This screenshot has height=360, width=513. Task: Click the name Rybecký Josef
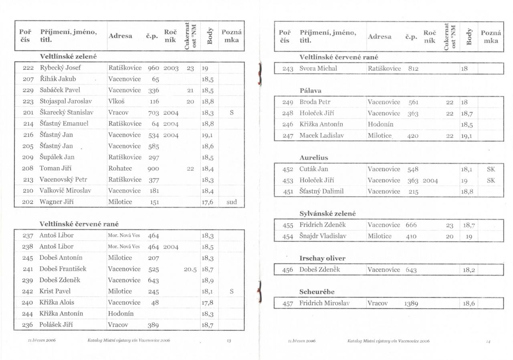pyautogui.click(x=60, y=68)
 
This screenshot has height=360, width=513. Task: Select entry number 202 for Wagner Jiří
pyautogui.click(x=28, y=202)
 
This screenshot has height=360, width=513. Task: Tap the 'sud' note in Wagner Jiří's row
pyautogui.click(x=232, y=202)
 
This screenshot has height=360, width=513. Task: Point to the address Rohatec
pyautogui.click(x=120, y=168)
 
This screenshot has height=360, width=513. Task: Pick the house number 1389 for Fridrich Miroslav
pyautogui.click(x=411, y=303)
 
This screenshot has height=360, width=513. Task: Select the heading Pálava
pyautogui.click(x=310, y=91)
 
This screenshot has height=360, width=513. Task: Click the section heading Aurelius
pyautogui.click(x=313, y=158)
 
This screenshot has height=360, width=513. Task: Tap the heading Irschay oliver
pyautogui.click(x=322, y=258)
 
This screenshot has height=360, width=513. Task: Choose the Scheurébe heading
pyautogui.click(x=317, y=292)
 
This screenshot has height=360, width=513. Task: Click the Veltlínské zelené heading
pyautogui.click(x=68, y=57)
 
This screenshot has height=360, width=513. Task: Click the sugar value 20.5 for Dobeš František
pyautogui.click(x=190, y=269)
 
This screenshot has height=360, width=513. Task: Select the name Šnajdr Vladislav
pyautogui.click(x=323, y=236)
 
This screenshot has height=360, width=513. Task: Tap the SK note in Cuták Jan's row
pyautogui.click(x=491, y=169)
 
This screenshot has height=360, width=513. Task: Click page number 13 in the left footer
pyautogui.click(x=229, y=341)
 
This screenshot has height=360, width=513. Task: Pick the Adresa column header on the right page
pyautogui.click(x=380, y=36)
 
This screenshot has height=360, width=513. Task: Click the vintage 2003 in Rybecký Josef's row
pyautogui.click(x=171, y=68)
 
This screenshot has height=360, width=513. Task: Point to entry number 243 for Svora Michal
pyautogui.click(x=288, y=69)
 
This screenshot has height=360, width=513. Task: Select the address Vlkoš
pyautogui.click(x=116, y=101)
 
